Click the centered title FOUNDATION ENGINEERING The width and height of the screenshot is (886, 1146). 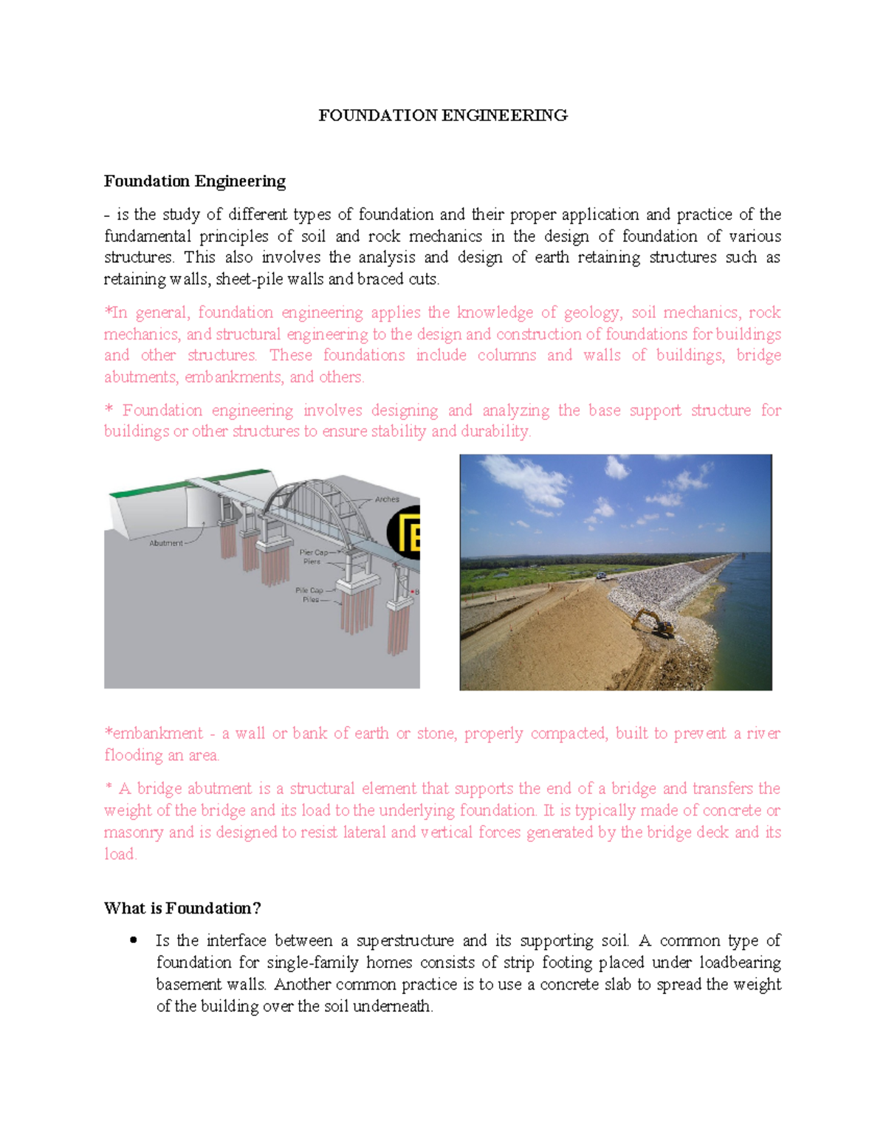[x=443, y=115]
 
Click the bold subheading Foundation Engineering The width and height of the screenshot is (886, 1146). [x=195, y=182]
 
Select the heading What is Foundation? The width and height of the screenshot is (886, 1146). [x=182, y=908]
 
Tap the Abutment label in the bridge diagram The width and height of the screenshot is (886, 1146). [x=166, y=543]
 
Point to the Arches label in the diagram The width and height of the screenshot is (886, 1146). [x=387, y=500]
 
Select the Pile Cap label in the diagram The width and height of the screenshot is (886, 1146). [x=309, y=590]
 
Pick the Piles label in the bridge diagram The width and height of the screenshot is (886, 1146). [x=311, y=600]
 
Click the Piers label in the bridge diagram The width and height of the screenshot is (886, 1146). [x=312, y=562]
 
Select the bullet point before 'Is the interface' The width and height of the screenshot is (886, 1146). [x=133, y=941]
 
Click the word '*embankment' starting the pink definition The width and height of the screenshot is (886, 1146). [x=154, y=733]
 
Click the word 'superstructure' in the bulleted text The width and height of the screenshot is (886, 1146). [x=405, y=941]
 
